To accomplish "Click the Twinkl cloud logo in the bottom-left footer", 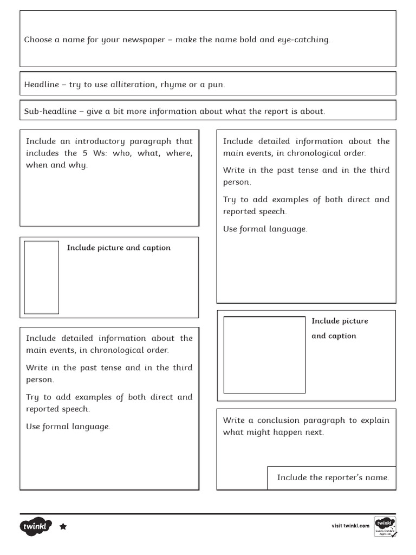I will [x=36, y=526].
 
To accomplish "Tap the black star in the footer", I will [x=63, y=526].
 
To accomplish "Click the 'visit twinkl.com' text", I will [x=350, y=526].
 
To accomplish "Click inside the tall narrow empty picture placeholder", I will [x=41, y=277].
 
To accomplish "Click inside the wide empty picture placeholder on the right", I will [x=264, y=354].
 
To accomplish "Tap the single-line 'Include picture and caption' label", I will [x=119, y=248].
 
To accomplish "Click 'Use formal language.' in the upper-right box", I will [x=265, y=229].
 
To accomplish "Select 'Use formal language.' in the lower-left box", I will [x=68, y=427].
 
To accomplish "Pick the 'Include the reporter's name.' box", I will [x=333, y=477].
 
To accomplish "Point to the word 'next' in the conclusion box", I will [x=314, y=433].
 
